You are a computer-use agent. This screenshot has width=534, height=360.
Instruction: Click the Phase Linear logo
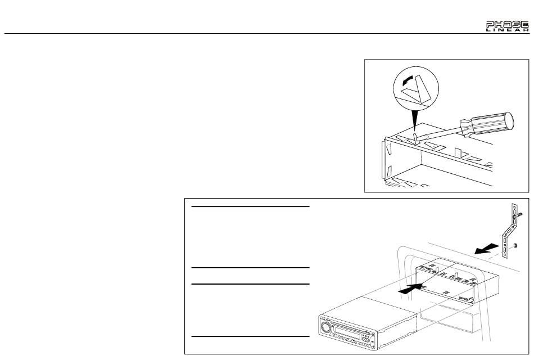(508, 26)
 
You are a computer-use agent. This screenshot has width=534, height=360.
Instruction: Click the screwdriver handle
(487, 124)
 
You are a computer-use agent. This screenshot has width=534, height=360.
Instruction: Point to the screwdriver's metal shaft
(440, 134)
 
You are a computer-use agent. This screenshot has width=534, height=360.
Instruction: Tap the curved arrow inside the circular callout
(408, 80)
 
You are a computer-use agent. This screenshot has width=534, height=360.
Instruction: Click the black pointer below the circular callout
(414, 119)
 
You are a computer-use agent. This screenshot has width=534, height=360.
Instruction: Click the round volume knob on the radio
(325, 328)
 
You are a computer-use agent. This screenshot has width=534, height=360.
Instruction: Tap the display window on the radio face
(347, 332)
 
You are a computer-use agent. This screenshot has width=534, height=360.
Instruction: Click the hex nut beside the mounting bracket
(515, 245)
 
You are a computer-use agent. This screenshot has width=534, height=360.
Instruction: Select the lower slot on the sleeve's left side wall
(389, 171)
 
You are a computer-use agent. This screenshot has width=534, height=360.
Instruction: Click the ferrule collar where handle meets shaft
(466, 128)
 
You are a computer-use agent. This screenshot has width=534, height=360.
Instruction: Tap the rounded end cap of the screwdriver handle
(509, 121)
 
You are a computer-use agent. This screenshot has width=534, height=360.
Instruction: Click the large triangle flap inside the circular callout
(423, 89)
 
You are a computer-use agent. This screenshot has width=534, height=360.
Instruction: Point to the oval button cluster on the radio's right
(366, 339)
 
